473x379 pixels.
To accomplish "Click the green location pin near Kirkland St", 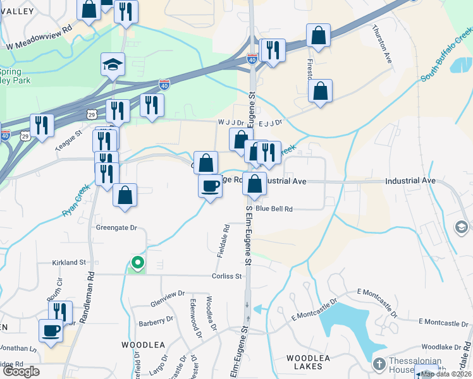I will (137, 262).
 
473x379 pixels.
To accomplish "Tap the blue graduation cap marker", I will (113, 64).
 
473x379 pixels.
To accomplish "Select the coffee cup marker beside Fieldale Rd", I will (211, 186).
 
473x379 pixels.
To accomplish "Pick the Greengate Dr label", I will (116, 227).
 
